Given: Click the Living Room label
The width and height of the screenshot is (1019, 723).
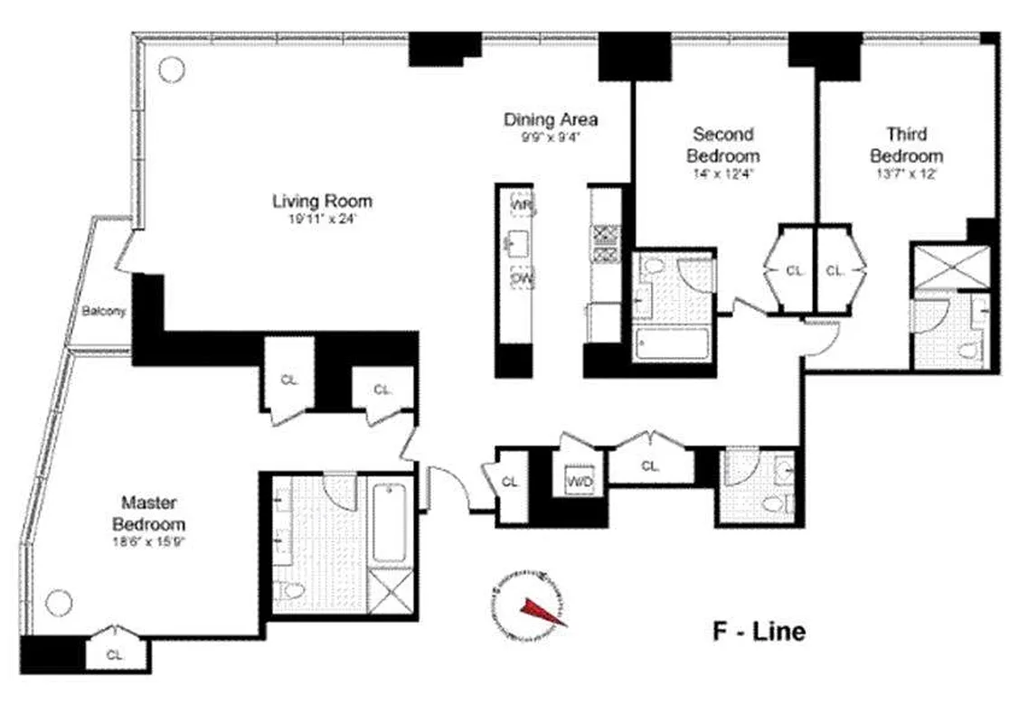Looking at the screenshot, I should pos(323,201).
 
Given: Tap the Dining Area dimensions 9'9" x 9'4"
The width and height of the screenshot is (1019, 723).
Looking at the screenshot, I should pos(550,139).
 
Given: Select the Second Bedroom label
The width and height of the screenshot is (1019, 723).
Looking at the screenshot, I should pos(721,145).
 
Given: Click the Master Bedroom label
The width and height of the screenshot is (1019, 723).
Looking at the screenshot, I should pos(149,513).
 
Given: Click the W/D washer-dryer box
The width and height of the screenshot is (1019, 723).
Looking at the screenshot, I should pos(579,480).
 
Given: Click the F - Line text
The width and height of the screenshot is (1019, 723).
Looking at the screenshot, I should pos(758,631).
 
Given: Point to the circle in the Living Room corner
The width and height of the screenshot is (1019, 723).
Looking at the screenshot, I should pos(171,68).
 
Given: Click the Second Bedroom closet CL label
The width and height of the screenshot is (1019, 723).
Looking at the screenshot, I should pos(793,269).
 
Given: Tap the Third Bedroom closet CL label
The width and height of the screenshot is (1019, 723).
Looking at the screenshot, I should pos(835,269).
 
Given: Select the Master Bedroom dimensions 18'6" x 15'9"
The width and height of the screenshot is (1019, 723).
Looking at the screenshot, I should pos(149,543).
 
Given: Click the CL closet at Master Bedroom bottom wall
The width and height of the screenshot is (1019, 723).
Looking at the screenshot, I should pos(115,653).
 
